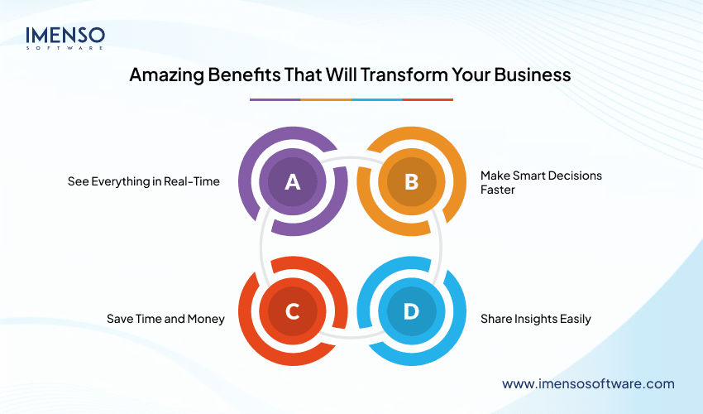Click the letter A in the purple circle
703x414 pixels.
tap(292, 182)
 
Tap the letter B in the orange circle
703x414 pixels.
tap(411, 182)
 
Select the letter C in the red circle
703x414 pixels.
tap(292, 311)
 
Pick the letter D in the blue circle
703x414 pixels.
tap(411, 311)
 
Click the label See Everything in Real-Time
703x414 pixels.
tap(144, 181)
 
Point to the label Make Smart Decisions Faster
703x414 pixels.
tap(541, 182)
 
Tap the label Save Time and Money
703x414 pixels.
tap(165, 319)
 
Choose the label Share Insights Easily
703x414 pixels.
tap(536, 319)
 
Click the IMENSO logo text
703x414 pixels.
tap(65, 36)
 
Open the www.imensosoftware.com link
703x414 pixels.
tap(589, 383)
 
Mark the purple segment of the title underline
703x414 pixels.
tap(275, 99)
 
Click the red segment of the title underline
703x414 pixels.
tap(428, 99)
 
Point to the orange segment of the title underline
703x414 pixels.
tap(326, 99)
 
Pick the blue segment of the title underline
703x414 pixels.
tap(377, 99)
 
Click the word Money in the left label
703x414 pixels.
tap(206, 319)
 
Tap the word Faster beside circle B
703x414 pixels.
tap(500, 190)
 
